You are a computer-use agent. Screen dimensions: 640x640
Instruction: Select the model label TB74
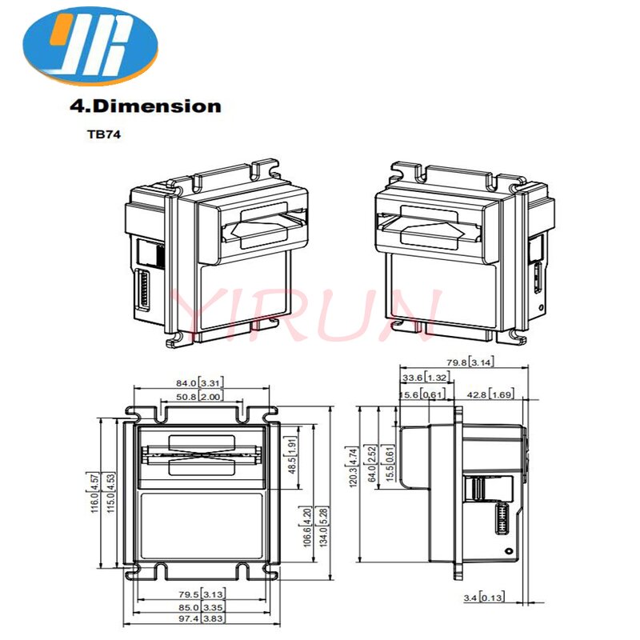tap(102, 134)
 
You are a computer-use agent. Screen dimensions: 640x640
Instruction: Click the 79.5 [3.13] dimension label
tap(201, 594)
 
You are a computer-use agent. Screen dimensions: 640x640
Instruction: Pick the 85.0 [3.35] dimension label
tap(201, 607)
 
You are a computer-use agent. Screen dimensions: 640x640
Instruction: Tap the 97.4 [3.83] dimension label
tap(201, 620)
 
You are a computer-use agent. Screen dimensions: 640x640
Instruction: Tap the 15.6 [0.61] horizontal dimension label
tap(422, 394)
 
